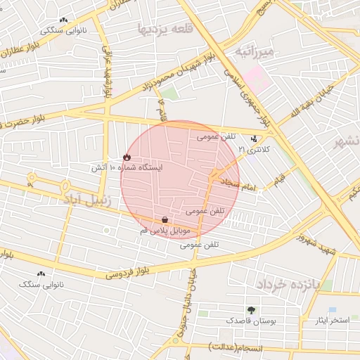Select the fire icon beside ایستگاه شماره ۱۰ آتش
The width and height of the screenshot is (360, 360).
tap(127, 157)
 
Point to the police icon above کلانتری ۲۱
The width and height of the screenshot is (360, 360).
tap(254, 139)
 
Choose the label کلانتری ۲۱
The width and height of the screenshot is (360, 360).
tap(254, 150)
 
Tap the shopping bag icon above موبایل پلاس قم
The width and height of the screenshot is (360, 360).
tap(165, 219)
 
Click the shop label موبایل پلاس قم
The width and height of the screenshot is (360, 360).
tap(165, 231)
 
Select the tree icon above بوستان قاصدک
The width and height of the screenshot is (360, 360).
tap(251, 309)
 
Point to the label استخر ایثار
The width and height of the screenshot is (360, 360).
tap(333, 321)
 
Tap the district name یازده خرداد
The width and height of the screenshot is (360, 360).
tap(288, 284)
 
